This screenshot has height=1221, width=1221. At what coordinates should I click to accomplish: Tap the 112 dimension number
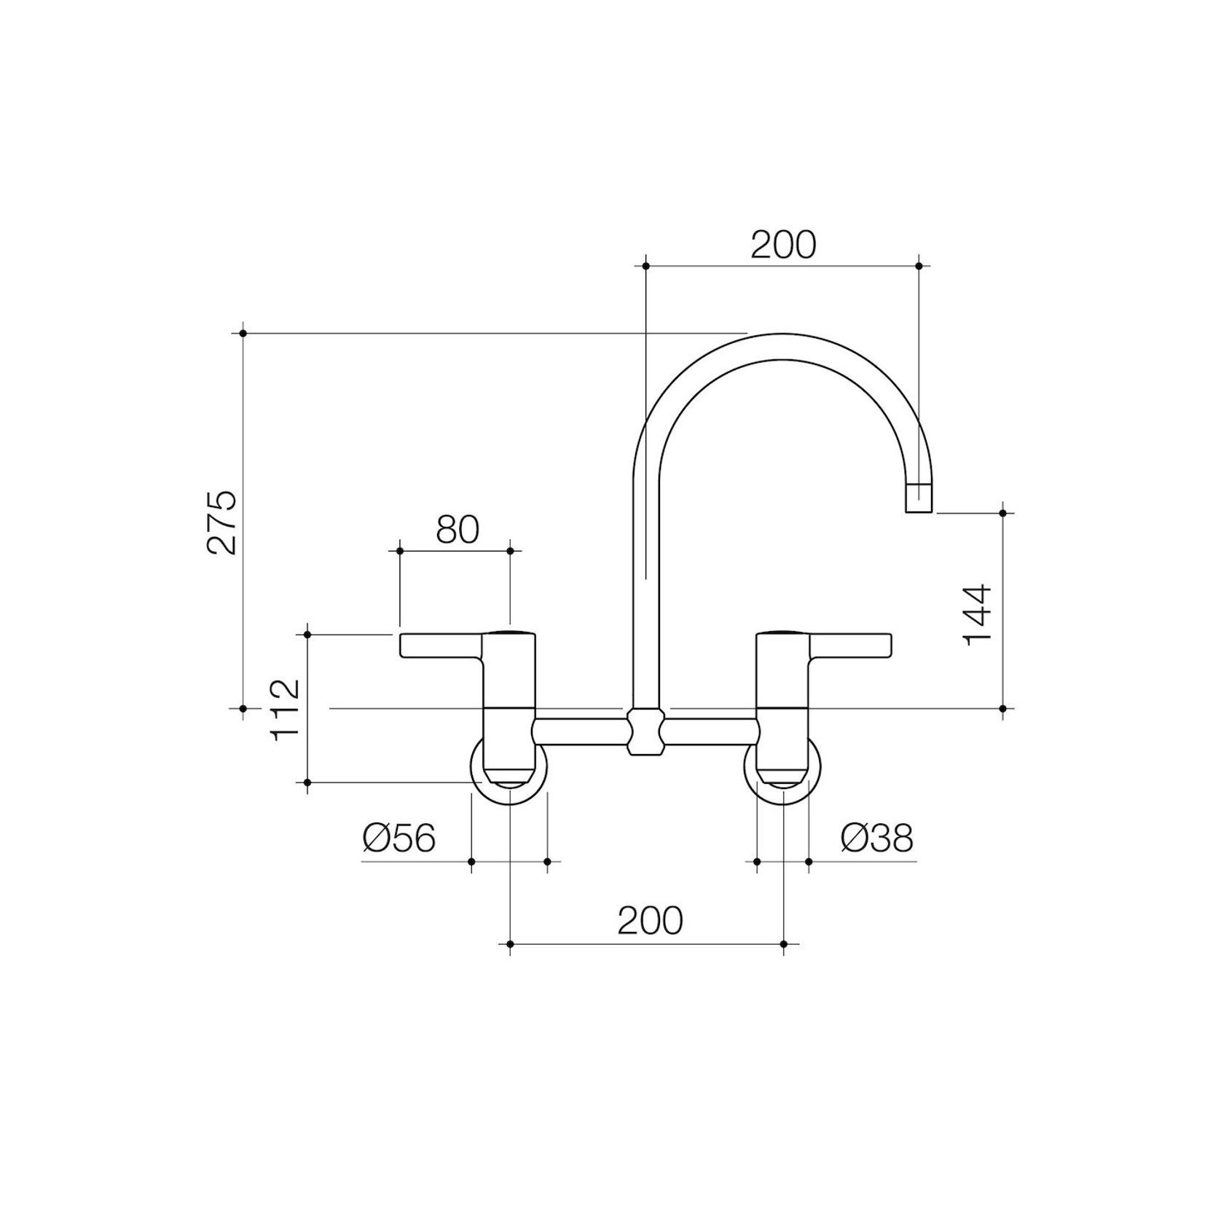pos(285,710)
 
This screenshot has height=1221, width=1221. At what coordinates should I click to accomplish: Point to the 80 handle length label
pos(458,530)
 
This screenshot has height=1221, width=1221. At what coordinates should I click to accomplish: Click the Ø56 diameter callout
pos(399,839)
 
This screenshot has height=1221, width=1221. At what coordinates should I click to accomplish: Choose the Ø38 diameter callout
pos(876,839)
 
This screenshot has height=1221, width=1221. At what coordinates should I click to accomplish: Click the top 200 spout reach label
pos(783,246)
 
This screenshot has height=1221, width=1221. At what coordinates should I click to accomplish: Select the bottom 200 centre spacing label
pos(650,920)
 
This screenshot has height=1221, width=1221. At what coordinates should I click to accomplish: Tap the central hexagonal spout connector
pos(646,731)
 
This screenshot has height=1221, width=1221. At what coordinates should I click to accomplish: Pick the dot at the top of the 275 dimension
pos(243,333)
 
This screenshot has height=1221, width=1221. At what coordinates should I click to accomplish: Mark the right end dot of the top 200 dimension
pos(918,266)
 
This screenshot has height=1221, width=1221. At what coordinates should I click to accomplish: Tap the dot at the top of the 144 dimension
pos(1003,513)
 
